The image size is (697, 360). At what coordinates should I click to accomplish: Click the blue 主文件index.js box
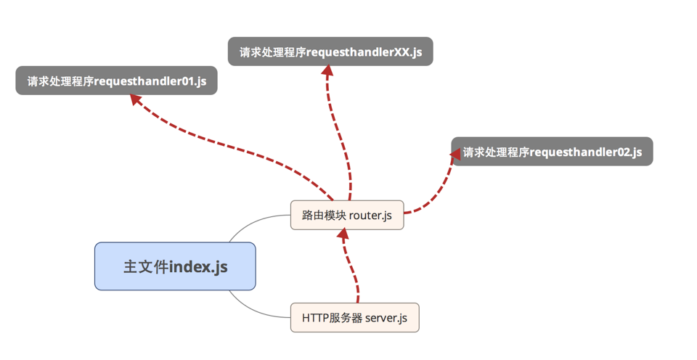coord(175,266)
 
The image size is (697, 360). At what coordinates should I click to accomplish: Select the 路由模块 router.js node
coord(346,215)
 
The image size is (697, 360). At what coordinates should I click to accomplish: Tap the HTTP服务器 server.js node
coord(354,317)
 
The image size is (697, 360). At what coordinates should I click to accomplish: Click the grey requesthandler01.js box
coord(116,81)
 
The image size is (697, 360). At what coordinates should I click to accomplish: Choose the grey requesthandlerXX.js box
coord(330,52)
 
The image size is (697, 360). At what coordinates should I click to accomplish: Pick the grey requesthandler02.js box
coord(552,152)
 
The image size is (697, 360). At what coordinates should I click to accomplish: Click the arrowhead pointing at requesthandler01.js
coord(136,100)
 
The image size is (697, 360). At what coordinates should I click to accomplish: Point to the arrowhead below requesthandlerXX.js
coord(327,71)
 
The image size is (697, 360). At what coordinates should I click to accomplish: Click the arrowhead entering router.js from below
coord(344,235)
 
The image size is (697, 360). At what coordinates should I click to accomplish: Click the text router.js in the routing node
coord(370,215)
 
